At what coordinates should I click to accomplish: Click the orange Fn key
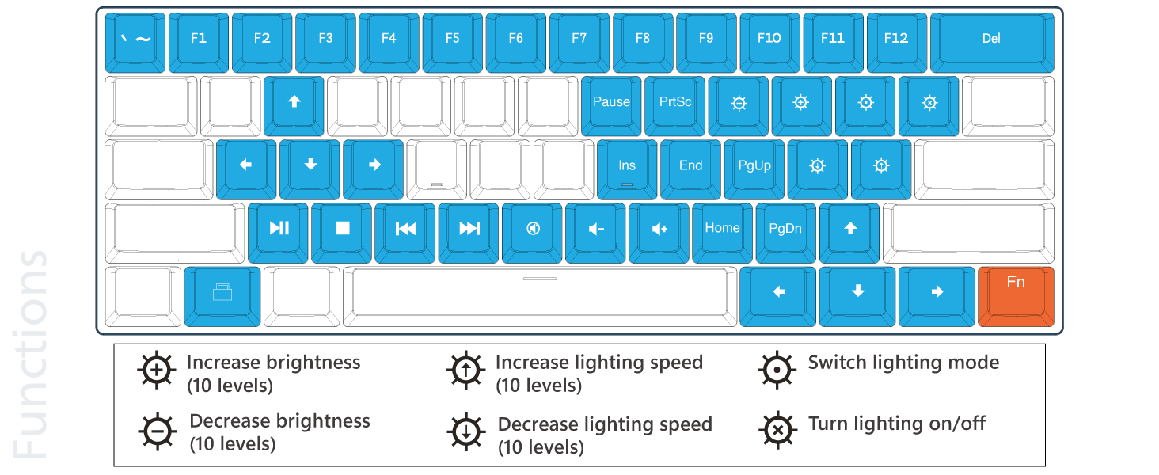[1016, 292]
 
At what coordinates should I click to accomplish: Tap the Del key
[991, 39]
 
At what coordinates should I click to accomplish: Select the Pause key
[611, 102]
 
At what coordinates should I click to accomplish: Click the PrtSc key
[675, 102]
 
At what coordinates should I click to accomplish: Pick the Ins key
[627, 165]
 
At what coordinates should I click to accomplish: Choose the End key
[690, 165]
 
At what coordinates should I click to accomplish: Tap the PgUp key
[754, 165]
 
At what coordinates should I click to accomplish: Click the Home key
[722, 229]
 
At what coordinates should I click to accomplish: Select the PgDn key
[785, 229]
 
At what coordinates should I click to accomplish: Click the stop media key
[342, 229]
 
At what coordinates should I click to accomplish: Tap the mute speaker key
[533, 229]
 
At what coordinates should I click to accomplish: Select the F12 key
[896, 39]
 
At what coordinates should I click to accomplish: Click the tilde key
[135, 39]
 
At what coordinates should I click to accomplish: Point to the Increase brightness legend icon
[158, 370]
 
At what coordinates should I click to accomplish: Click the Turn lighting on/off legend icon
[778, 430]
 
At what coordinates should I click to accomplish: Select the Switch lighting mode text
[903, 363]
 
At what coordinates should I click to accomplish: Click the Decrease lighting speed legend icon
[466, 431]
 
